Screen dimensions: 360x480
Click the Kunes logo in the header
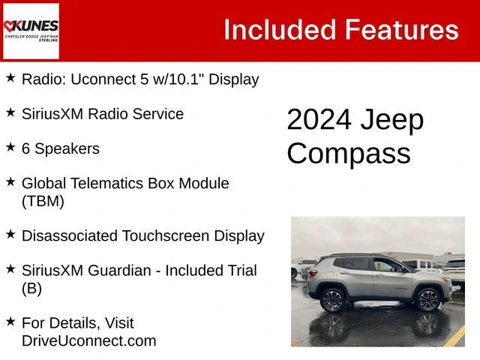pyautogui.click(x=31, y=31)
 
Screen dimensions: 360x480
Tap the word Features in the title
pyautogui.click(x=401, y=29)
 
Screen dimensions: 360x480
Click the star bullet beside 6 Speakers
pyautogui.click(x=10, y=147)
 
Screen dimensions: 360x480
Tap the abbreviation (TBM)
pyautogui.click(x=43, y=201)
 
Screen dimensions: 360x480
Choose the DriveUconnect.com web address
pyautogui.click(x=88, y=340)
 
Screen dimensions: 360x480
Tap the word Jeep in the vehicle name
pyautogui.click(x=391, y=120)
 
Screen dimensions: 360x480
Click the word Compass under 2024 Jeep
pyautogui.click(x=349, y=153)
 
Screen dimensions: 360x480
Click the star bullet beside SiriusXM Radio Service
pyautogui.click(x=10, y=112)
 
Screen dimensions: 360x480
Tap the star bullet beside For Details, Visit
pyautogui.click(x=10, y=321)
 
